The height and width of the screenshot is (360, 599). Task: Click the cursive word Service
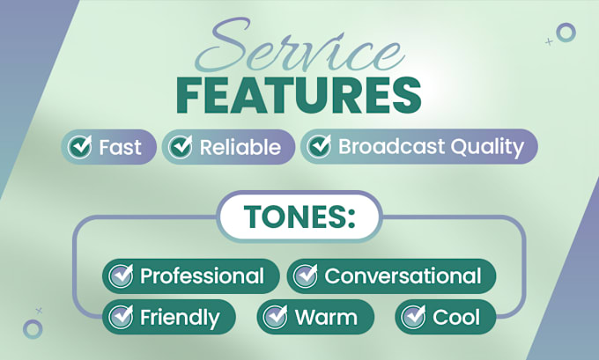299,46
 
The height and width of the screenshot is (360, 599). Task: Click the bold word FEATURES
299,95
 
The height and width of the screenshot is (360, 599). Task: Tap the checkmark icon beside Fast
80,147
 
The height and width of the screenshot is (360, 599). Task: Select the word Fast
120,147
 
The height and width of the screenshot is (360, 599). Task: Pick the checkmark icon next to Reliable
181,147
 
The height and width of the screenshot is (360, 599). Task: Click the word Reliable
240,147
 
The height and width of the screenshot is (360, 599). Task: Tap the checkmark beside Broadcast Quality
320,146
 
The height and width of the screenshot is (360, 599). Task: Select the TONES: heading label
299,217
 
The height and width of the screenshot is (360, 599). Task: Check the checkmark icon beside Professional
121,276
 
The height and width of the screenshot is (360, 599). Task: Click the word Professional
202,276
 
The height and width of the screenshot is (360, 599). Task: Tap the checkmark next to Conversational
306,276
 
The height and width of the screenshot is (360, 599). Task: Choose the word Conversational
403,276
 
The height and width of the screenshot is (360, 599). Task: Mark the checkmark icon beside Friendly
121,317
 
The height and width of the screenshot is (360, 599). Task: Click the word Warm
326,317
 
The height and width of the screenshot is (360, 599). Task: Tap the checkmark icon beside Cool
413,317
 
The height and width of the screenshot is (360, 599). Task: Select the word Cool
456,317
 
